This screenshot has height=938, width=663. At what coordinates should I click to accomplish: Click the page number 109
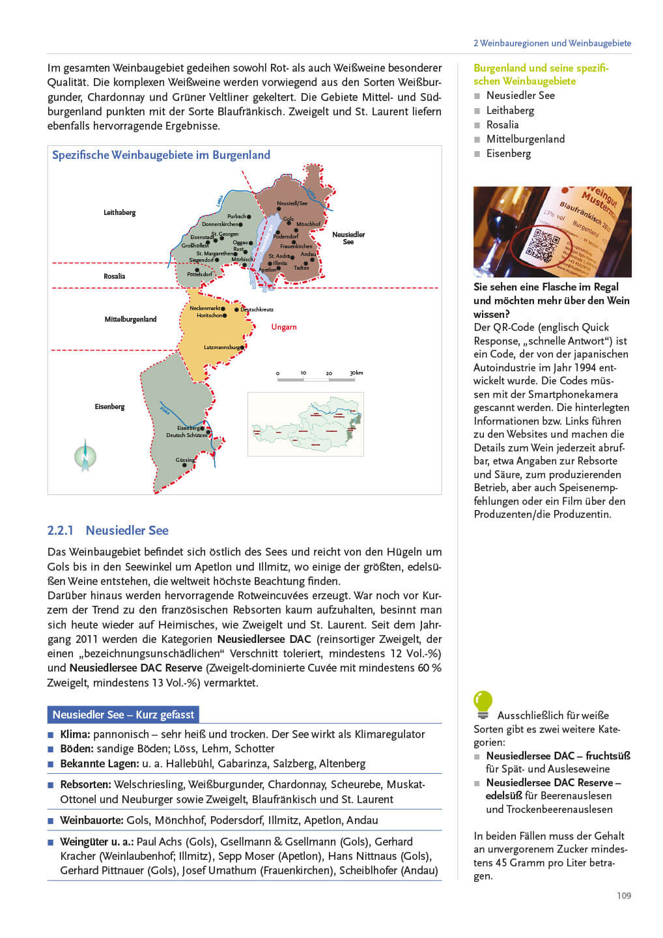623,895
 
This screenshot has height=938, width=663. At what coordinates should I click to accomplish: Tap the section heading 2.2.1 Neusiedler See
107,530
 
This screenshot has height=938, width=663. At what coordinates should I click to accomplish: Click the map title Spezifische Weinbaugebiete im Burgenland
161,155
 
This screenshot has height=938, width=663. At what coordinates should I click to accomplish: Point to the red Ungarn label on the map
284,327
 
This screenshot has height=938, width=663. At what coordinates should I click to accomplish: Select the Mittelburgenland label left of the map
130,319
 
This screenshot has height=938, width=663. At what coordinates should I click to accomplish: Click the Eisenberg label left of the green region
109,406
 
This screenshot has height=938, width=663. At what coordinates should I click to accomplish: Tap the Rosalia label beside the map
114,276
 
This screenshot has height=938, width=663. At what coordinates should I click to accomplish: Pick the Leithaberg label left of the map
119,212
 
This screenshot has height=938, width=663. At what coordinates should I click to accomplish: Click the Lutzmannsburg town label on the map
222,347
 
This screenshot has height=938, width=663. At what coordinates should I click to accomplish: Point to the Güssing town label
185,460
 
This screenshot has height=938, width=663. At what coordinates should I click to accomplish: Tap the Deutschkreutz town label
257,309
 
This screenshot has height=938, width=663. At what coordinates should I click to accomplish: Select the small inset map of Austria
305,424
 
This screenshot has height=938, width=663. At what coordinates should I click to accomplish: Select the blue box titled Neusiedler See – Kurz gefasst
123,715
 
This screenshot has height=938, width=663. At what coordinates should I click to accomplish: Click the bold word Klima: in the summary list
75,734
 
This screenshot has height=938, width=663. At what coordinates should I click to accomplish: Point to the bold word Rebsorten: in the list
85,784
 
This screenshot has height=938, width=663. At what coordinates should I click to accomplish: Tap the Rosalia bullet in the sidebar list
502,124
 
